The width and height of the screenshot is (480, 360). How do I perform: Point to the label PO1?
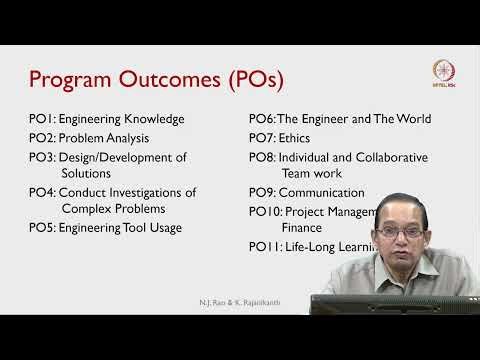tap(43, 119)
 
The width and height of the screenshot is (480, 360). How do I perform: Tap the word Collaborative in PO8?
tap(378, 157)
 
